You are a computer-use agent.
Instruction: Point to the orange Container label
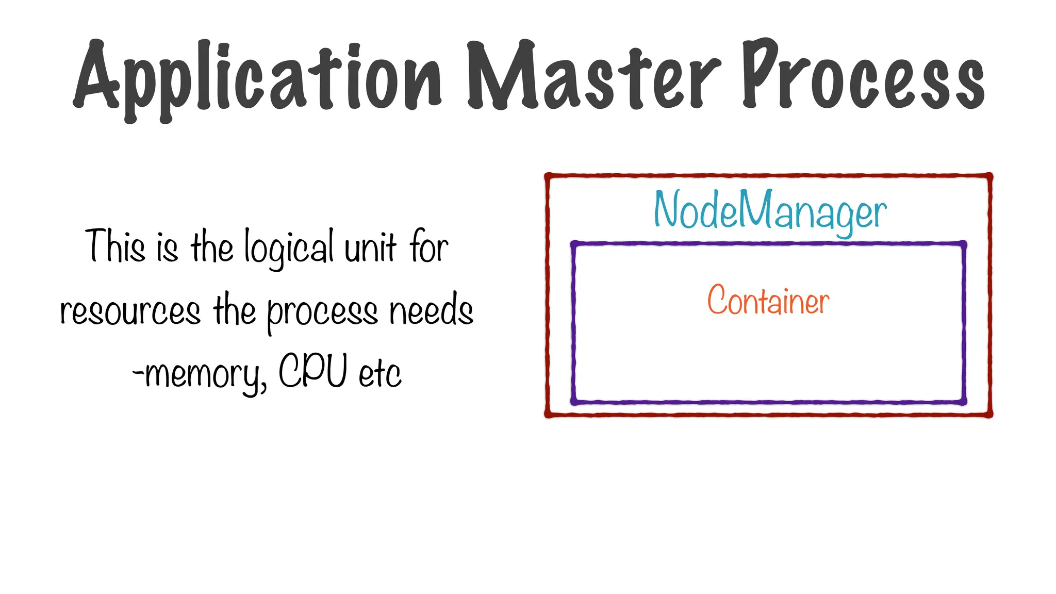(x=768, y=300)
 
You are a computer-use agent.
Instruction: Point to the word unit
(x=370, y=247)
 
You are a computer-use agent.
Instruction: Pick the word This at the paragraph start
(x=115, y=246)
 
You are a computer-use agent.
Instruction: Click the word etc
(x=379, y=373)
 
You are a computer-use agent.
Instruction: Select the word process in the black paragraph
(x=322, y=312)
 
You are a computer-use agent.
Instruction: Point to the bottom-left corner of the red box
(x=548, y=414)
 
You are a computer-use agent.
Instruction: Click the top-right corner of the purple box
(x=963, y=244)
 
